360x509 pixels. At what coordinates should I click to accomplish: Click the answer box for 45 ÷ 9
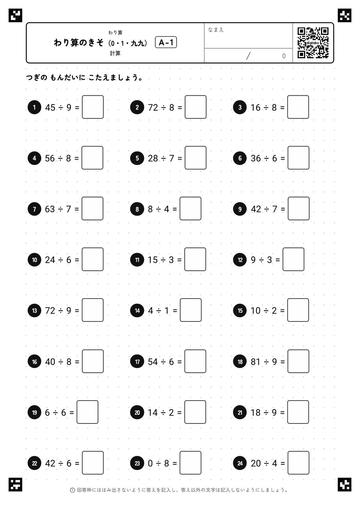coord(93,107)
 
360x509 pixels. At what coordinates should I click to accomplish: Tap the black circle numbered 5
coord(137,158)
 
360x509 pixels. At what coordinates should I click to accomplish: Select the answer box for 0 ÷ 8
coord(190,463)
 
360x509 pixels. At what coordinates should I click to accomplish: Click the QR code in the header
coord(313,43)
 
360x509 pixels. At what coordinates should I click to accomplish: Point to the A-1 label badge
coord(166,42)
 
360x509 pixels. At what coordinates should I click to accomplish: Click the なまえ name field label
coord(216,30)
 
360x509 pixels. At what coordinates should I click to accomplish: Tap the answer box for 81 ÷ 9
coord(298,361)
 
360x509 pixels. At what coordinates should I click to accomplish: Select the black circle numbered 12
coord(240,260)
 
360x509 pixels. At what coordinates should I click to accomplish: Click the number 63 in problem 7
coord(50,209)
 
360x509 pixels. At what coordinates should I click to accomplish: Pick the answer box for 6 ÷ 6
coord(87,412)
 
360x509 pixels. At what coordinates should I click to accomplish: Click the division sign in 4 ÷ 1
coord(159,311)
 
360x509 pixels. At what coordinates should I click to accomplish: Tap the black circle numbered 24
coord(240,463)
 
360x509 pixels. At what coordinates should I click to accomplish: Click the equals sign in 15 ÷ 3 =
coord(179,260)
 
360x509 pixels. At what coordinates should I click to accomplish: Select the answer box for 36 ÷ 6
coord(298,158)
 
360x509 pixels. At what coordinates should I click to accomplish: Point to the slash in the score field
coord(248,56)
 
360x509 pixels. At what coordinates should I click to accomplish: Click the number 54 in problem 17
coord(153,362)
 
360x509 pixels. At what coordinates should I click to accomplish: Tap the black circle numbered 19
coord(34,413)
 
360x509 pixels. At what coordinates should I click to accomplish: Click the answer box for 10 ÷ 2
coord(298,310)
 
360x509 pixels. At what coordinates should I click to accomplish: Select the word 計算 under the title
coord(115,53)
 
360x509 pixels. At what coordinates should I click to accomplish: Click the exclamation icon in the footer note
coord(72,490)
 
